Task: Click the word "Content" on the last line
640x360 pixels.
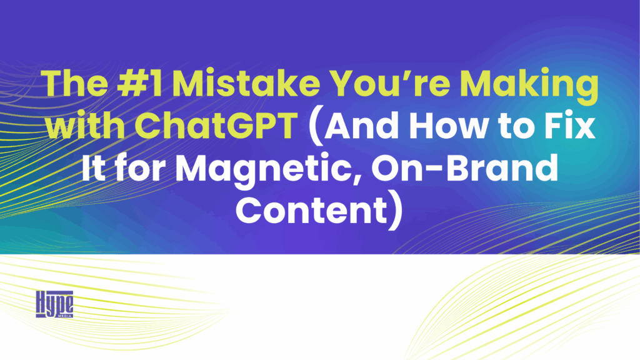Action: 310,206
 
